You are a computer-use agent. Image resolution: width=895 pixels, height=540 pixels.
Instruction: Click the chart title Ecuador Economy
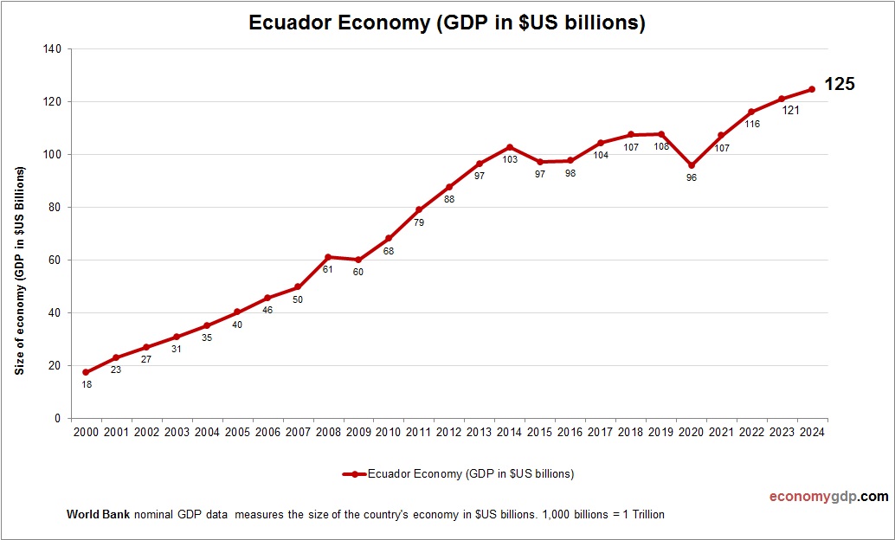447,23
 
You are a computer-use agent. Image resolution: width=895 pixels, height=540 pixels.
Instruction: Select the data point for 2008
328,257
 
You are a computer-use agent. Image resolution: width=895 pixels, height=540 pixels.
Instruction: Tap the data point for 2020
691,165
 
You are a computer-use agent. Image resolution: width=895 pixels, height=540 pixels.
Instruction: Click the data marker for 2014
510,147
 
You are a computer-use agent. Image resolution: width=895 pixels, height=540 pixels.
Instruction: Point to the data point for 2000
86,372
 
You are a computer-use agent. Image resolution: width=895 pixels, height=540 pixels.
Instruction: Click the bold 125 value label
839,84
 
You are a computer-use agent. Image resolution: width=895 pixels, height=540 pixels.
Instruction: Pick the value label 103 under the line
510,160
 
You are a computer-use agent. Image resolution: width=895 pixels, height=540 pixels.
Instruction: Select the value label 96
691,177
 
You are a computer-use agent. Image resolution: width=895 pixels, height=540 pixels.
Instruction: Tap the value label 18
86,384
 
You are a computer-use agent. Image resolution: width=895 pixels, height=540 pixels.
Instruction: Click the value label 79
419,222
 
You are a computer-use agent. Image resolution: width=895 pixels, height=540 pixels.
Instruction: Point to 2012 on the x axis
449,433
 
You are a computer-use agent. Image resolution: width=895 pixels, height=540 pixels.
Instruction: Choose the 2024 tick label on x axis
812,433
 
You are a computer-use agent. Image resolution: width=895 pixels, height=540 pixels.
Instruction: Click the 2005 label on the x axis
237,433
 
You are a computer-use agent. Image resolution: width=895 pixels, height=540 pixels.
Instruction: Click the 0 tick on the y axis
57,419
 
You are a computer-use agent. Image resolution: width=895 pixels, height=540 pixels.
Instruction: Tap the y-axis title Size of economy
19,270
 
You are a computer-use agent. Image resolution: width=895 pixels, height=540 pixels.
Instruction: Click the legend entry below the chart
459,474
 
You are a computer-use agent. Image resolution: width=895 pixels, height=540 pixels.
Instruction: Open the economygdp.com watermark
828,497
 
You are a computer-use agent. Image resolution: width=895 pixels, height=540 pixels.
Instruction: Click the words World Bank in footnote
98,515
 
